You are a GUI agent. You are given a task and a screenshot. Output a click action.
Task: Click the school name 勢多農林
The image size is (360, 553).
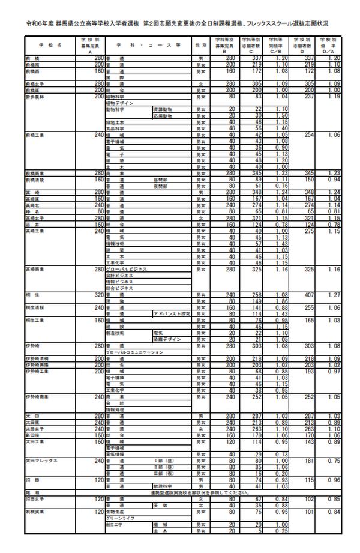pos(35,96)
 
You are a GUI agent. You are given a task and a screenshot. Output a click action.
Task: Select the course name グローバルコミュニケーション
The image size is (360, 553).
pos(134,352)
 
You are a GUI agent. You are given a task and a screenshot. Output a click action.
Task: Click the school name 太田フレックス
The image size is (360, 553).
pos(41,461)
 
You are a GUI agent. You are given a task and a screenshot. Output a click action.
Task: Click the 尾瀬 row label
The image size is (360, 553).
pos(31,492)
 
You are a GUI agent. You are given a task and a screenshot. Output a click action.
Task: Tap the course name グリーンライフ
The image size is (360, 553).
pos(118,518)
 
